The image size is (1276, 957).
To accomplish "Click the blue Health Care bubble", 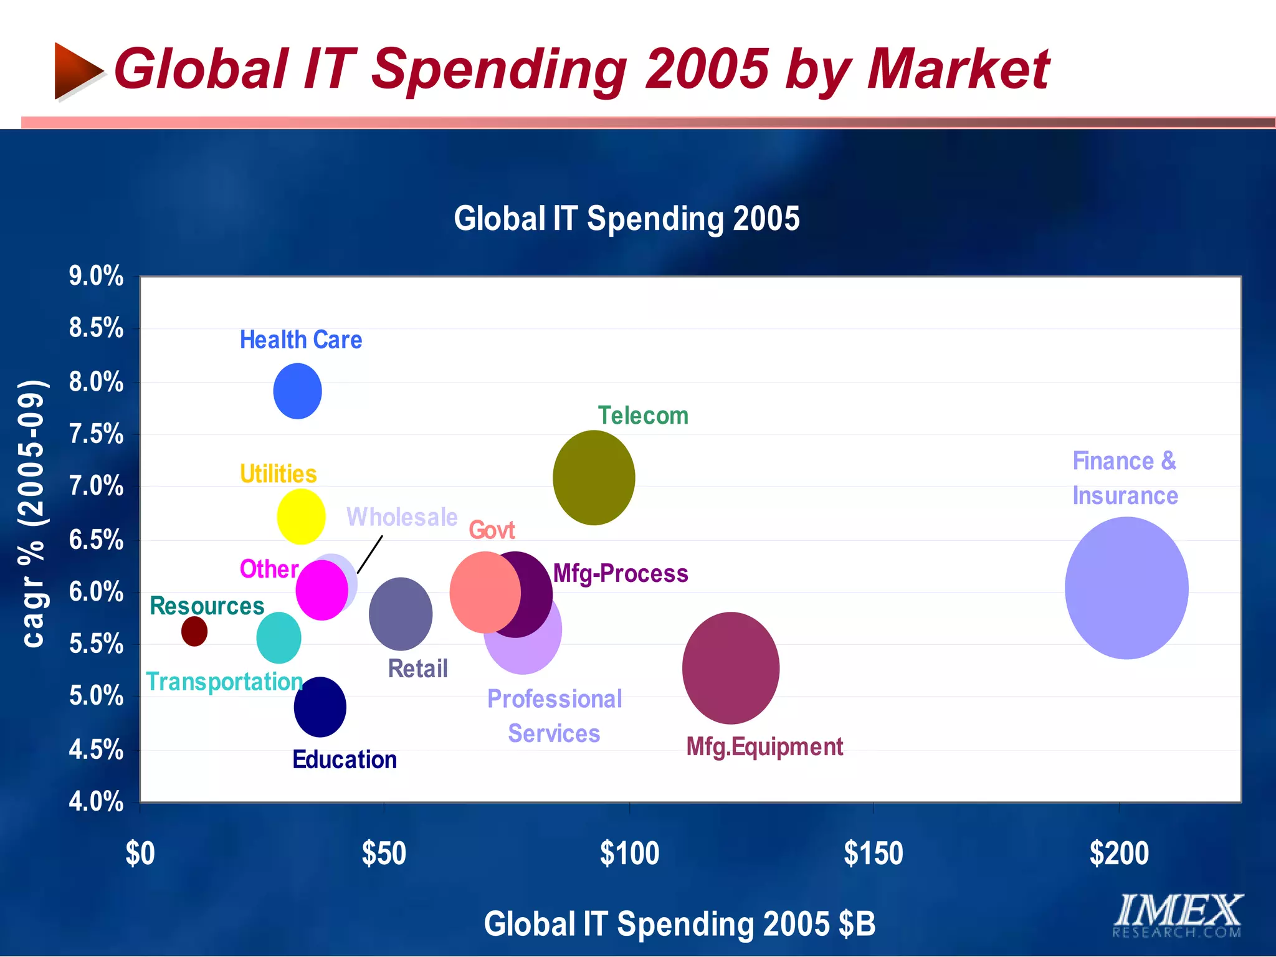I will pyautogui.click(x=297, y=391).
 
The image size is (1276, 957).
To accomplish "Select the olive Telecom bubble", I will pyautogui.click(x=594, y=478).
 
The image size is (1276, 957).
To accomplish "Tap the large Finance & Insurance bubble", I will pyautogui.click(x=1126, y=588).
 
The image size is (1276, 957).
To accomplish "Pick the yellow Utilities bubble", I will pyautogui.click(x=301, y=517).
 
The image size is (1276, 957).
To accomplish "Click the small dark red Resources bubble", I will pyautogui.click(x=194, y=631).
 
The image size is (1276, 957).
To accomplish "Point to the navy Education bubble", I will pyautogui.click(x=320, y=707).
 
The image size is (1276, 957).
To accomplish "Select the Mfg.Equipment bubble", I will pyautogui.click(x=731, y=668).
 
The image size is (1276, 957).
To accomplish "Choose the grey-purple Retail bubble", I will pyautogui.click(x=401, y=614).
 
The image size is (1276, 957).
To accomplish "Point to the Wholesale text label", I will pyautogui.click(x=402, y=517).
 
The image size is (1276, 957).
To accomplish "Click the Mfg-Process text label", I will pyautogui.click(x=621, y=573).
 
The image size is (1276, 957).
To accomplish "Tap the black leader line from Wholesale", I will pyautogui.click(x=370, y=555).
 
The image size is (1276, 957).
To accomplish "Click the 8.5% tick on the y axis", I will pyautogui.click(x=96, y=328).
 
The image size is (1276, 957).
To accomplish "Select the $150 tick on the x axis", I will pyautogui.click(x=873, y=853).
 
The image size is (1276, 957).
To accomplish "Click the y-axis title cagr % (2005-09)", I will pyautogui.click(x=32, y=513).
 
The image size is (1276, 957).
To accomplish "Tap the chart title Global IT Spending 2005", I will pyautogui.click(x=626, y=219).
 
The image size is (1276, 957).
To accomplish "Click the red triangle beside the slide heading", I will pyautogui.click(x=76, y=70).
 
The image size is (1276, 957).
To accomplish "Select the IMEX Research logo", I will pyautogui.click(x=1178, y=915).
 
